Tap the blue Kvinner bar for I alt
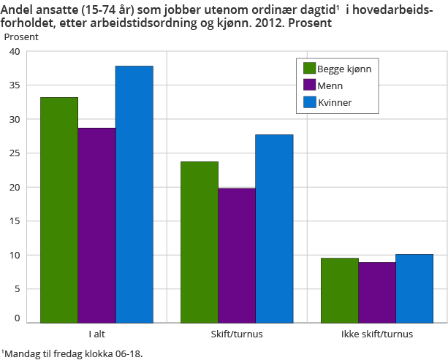134,194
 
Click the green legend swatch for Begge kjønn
309,69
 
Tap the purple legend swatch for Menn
309,85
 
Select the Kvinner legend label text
335,103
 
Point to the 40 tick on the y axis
15,52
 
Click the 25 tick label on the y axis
15,154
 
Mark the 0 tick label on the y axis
17,319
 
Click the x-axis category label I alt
96,334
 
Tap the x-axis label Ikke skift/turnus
377,334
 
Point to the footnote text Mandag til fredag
44,353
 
